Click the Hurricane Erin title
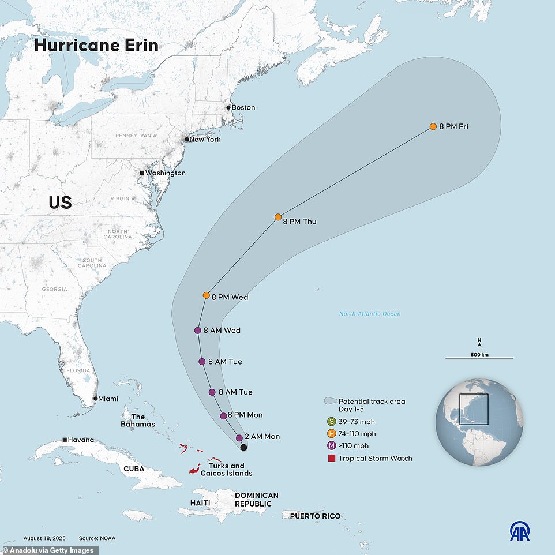click(x=96, y=46)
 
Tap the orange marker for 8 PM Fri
click(x=433, y=126)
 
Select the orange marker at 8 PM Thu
click(x=278, y=217)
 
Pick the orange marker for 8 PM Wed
click(x=207, y=295)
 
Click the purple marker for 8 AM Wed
click(x=197, y=331)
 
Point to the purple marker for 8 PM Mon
click(x=224, y=415)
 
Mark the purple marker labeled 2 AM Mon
click(x=239, y=437)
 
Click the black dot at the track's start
click(x=243, y=447)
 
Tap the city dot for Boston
click(x=228, y=107)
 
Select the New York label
click(x=205, y=140)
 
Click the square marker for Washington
click(x=142, y=172)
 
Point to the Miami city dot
click(x=96, y=399)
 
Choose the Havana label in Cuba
click(x=81, y=440)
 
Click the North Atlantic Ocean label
click(x=370, y=314)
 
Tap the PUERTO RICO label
click(x=315, y=516)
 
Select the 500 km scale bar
click(x=479, y=358)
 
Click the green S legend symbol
click(x=331, y=421)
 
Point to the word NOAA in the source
click(x=106, y=538)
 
